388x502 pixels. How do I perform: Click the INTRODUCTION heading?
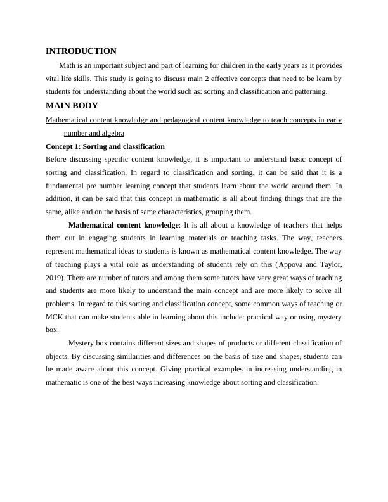tap(81, 51)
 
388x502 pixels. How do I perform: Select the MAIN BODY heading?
tap(72, 106)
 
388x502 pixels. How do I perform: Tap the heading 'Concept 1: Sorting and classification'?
tap(105, 146)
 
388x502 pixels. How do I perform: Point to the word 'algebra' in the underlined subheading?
tap(112, 133)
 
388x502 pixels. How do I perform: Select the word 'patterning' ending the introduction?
tap(309, 91)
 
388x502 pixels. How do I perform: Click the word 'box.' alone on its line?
tap(53, 330)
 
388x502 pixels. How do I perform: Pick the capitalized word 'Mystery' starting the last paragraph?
tap(82, 344)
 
